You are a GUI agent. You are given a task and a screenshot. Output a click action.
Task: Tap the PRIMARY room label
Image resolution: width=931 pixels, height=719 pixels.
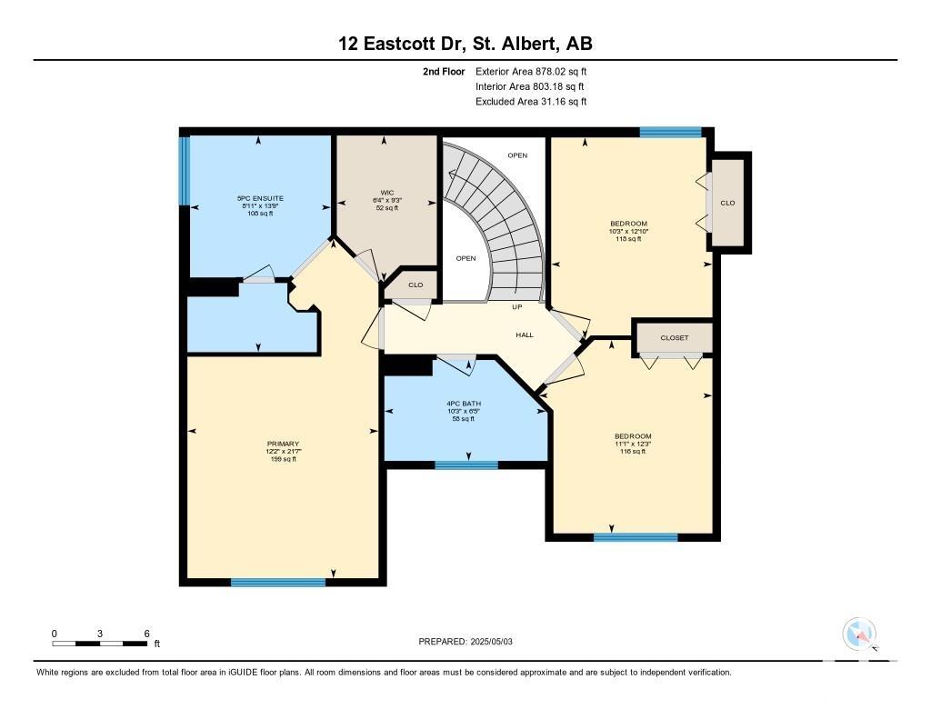(284, 444)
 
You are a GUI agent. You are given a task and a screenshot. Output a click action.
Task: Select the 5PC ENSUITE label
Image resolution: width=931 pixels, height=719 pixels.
(260, 198)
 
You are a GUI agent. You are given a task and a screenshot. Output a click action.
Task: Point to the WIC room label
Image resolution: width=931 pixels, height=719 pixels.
(387, 193)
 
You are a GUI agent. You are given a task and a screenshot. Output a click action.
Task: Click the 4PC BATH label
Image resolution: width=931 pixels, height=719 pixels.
(464, 404)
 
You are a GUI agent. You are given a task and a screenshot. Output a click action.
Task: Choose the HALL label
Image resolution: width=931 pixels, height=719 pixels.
(525, 335)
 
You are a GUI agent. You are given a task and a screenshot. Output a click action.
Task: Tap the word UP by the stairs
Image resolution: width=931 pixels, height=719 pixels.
(517, 307)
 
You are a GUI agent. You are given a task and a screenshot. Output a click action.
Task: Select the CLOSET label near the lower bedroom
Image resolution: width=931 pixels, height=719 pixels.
(675, 338)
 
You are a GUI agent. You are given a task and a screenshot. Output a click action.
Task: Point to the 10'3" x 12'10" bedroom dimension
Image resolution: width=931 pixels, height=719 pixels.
(629, 231)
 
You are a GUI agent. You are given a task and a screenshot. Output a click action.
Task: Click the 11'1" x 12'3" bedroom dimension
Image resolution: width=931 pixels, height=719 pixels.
(633, 444)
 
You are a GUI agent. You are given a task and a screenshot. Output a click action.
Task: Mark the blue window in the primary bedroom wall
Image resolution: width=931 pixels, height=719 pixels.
(278, 583)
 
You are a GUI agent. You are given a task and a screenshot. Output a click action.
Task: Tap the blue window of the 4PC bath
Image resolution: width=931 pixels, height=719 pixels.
(466, 465)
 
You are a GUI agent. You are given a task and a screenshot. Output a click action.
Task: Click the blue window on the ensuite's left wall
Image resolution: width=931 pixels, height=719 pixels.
(185, 171)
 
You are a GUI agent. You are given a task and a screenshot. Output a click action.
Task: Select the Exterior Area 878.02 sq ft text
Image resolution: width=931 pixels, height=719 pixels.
(531, 71)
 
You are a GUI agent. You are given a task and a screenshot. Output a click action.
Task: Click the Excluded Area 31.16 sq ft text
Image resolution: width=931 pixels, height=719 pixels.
(531, 102)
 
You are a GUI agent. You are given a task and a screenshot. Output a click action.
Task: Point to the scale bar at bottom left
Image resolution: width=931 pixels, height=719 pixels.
(100, 643)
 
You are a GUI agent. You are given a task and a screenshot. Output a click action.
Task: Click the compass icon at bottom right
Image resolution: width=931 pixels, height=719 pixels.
(859, 634)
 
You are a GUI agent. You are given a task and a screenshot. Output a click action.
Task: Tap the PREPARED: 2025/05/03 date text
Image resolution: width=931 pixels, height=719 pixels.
(465, 642)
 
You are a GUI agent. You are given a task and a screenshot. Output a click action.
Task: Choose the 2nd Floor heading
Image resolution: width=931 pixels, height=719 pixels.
(444, 71)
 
